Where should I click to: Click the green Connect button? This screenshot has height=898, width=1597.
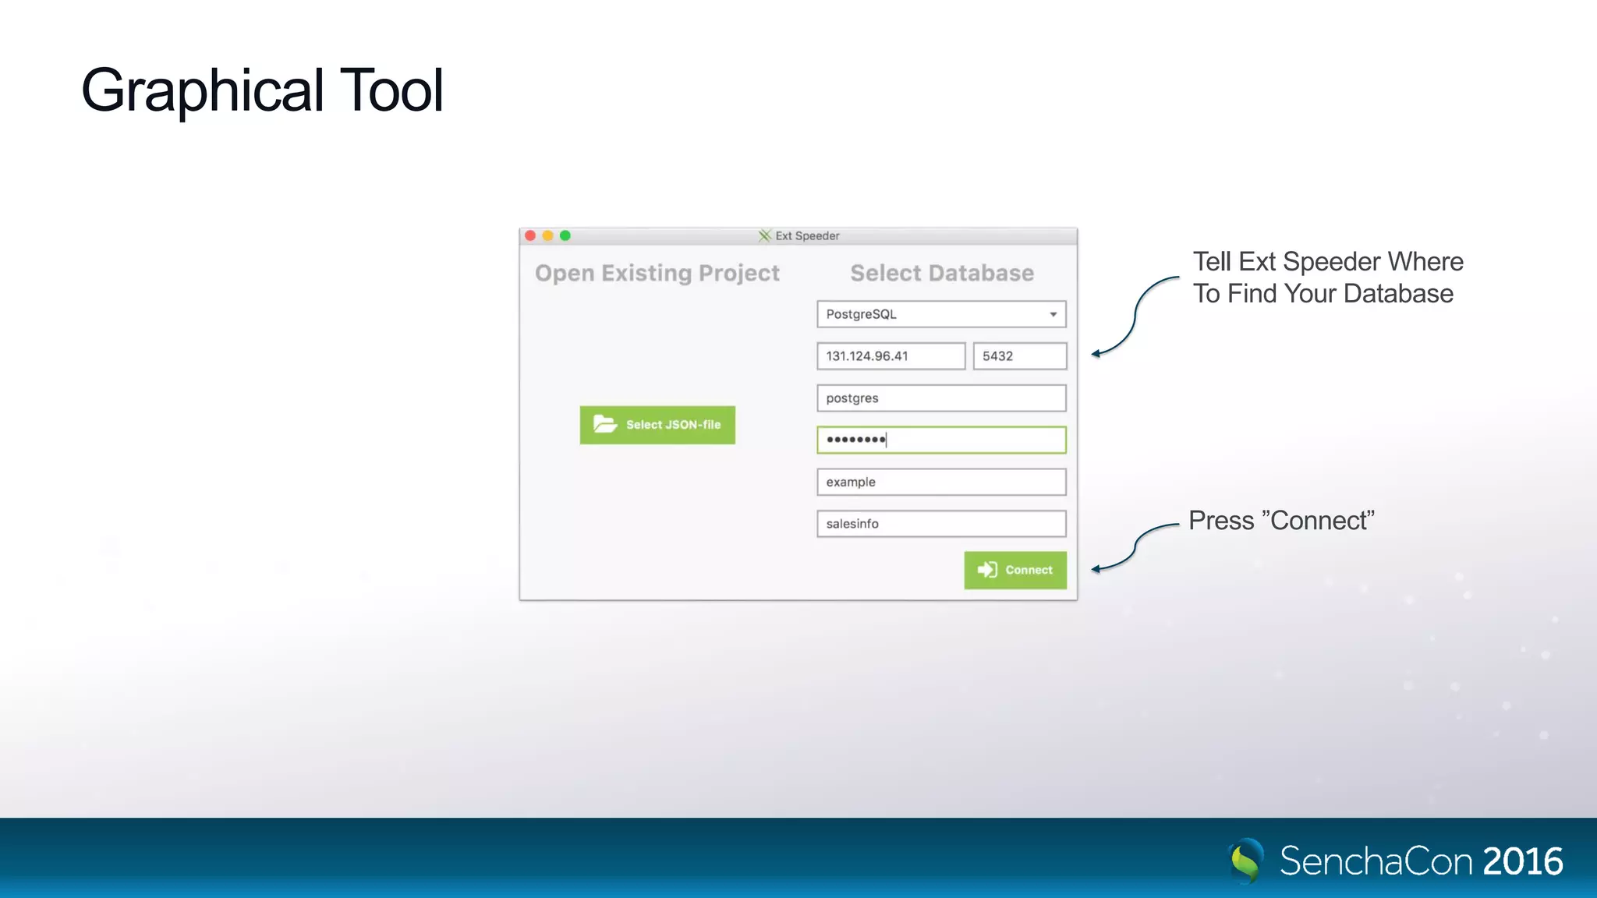(x=1015, y=570)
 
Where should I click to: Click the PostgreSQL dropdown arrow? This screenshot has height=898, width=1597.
(x=1053, y=314)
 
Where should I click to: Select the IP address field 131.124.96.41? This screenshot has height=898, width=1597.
(x=891, y=356)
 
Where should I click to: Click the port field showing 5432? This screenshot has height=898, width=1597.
(x=1019, y=356)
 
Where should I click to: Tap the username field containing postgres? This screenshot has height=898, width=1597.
(x=941, y=398)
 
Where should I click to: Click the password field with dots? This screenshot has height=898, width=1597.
(x=941, y=440)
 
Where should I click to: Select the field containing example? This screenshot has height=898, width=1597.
(x=941, y=483)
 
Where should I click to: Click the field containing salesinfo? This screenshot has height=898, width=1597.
(x=941, y=524)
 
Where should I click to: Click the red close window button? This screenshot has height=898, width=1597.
(x=530, y=235)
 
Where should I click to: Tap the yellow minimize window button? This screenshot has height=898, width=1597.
(x=547, y=235)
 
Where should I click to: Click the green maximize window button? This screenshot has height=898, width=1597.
(x=565, y=235)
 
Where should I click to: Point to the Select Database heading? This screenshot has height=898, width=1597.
(x=942, y=273)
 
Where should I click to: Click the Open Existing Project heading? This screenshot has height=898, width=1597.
(x=657, y=273)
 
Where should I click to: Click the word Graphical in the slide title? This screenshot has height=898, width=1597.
(x=202, y=90)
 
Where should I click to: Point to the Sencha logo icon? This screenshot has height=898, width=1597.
(x=1246, y=861)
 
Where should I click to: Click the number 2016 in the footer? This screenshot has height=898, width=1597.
(x=1522, y=861)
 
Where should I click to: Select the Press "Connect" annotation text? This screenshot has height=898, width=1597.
(x=1281, y=520)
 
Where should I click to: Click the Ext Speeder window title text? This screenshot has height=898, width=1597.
(x=807, y=235)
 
